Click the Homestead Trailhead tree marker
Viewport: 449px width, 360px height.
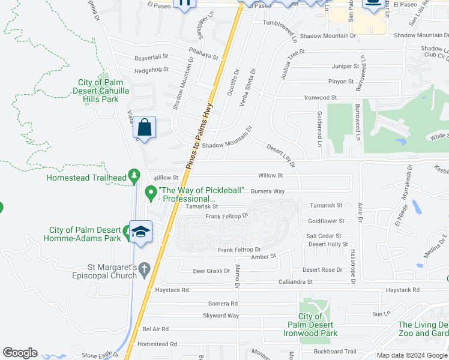136,176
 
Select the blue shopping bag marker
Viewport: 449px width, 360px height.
144,127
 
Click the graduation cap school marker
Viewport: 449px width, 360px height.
140,232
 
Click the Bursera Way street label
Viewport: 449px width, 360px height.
268,191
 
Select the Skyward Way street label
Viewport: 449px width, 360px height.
221,316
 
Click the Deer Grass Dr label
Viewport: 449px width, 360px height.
211,271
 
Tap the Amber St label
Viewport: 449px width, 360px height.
263,256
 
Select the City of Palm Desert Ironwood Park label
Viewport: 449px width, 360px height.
318,325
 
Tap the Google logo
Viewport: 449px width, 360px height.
20,353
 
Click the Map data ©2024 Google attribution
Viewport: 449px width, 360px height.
411,355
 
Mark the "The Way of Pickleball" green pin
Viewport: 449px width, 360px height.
151,193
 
